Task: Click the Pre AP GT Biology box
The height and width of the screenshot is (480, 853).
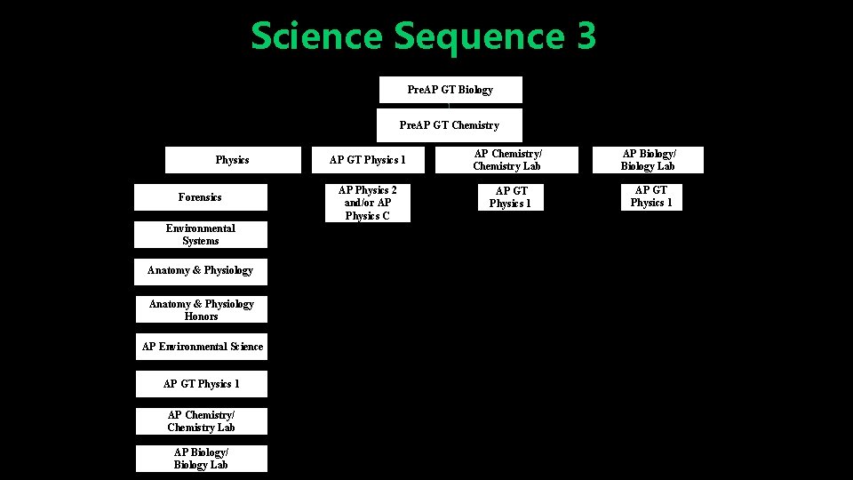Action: (450, 90)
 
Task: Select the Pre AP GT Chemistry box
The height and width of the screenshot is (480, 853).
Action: (450, 125)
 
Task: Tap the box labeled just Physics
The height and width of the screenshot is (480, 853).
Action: (233, 160)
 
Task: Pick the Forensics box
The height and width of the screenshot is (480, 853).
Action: (200, 197)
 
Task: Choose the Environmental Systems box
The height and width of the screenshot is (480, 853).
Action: (201, 235)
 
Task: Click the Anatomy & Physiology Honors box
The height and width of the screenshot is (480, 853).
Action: (201, 309)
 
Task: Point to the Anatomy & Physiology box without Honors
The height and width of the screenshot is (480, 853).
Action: (201, 270)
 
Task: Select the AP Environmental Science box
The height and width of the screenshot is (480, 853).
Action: (202, 347)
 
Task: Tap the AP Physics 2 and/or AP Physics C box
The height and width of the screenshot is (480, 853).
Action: (368, 203)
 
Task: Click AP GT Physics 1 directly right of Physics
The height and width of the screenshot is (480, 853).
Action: (368, 160)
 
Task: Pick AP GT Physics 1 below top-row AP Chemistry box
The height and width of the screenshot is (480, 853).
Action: (511, 196)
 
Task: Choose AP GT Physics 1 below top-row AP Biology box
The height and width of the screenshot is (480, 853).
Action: (651, 196)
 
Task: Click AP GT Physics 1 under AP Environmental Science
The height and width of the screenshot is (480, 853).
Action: (202, 384)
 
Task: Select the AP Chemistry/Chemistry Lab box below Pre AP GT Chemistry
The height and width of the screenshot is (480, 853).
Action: (507, 160)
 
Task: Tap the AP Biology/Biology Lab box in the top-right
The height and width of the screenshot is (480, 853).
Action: (648, 160)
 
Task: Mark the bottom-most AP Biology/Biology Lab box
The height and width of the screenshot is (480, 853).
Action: (201, 459)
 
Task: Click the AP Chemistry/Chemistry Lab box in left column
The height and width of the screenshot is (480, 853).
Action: (202, 421)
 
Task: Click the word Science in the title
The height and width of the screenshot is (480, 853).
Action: (316, 37)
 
